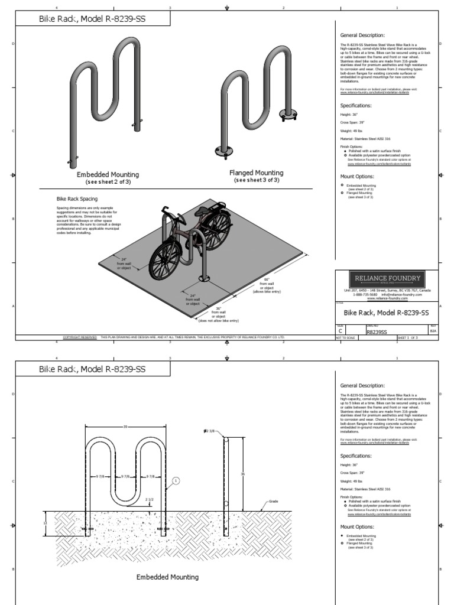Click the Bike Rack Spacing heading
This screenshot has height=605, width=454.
click(x=77, y=199)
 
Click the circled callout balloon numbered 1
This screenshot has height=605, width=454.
click(x=176, y=481)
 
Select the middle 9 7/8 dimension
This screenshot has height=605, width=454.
click(x=125, y=476)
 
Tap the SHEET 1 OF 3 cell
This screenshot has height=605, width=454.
click(x=408, y=337)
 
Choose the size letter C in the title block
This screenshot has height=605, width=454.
click(x=340, y=331)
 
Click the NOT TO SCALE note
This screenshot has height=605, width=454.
click(x=344, y=337)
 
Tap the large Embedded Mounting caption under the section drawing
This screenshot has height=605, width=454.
click(x=168, y=577)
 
